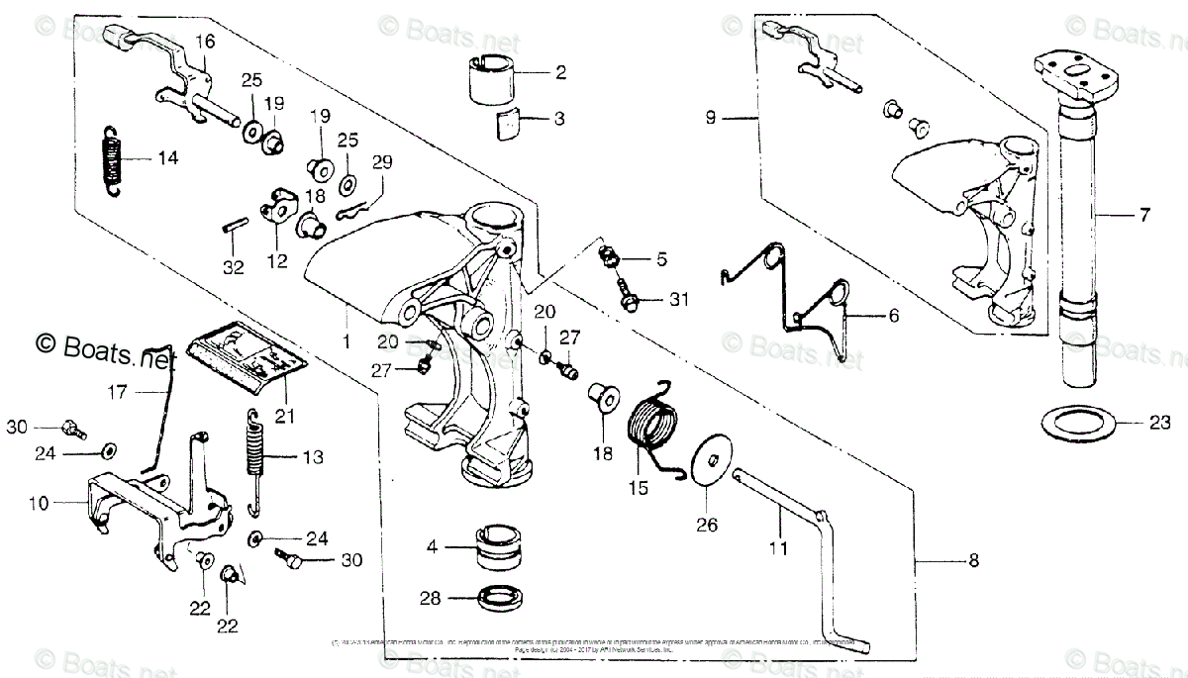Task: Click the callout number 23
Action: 1160,423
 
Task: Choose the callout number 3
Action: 559,119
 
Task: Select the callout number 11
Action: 778,546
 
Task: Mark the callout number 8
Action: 972,561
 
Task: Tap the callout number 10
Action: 38,504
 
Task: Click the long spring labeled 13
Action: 256,460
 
